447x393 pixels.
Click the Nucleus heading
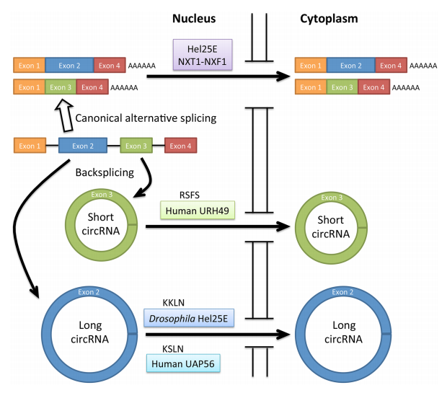coord(195,17)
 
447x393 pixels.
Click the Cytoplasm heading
coord(329,17)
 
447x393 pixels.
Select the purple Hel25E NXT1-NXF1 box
coord(198,54)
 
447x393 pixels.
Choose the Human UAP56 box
coord(185,362)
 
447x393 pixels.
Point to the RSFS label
coord(189,195)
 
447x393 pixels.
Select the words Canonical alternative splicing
coord(147,118)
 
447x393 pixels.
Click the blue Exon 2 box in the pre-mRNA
coord(83,146)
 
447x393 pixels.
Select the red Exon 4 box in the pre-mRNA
coord(180,146)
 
